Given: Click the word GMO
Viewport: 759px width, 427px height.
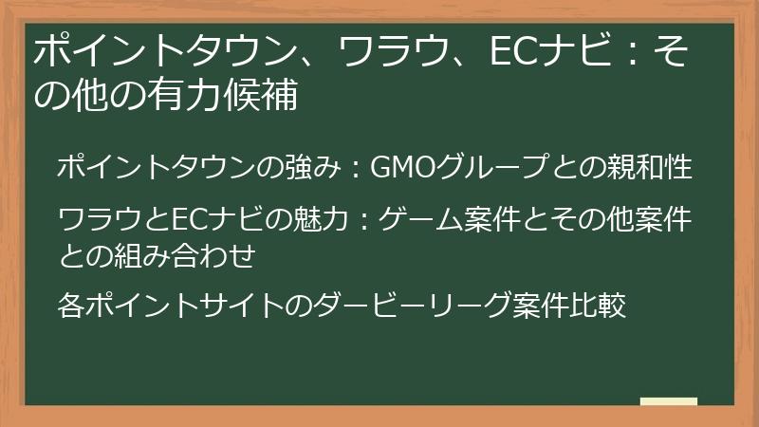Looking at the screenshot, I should coord(398,168).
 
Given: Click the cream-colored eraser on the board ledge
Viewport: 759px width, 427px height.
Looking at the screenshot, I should coord(668,401).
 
